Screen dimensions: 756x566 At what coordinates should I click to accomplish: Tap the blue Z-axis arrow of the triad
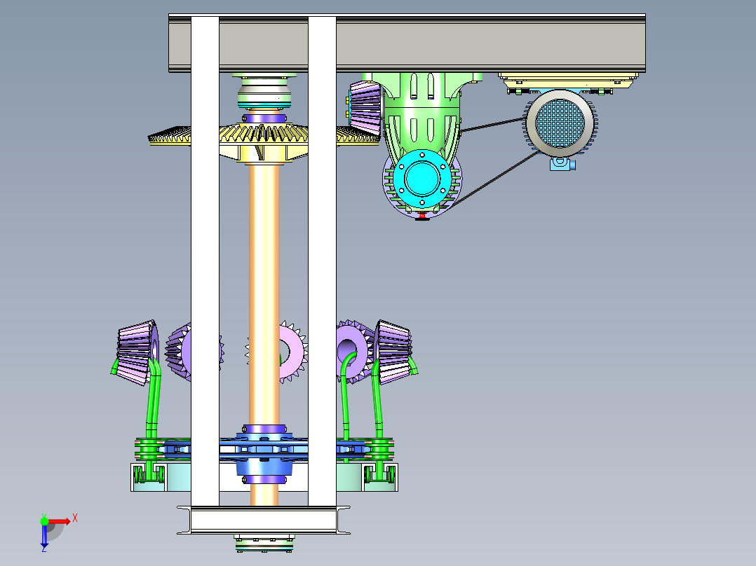(x=44, y=536)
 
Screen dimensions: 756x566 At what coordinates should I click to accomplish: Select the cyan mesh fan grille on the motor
(x=560, y=123)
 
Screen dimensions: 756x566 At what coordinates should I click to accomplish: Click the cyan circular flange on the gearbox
(x=422, y=178)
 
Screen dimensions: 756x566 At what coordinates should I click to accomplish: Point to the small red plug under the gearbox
(x=422, y=215)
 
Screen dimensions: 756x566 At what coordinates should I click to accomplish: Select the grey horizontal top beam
(x=407, y=43)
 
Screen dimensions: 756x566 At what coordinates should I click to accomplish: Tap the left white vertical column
(x=205, y=261)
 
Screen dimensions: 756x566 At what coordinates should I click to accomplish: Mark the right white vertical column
(x=322, y=261)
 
